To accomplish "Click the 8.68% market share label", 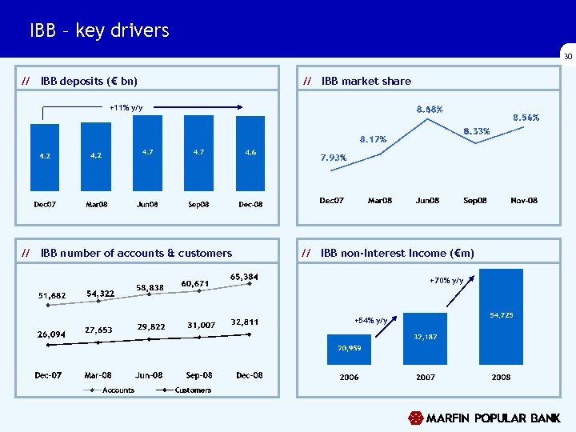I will click(429, 109).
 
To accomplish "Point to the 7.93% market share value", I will click(333, 158).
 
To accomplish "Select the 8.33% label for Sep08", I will click(477, 130).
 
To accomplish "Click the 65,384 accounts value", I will click(245, 277).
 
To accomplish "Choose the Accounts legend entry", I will click(118, 390).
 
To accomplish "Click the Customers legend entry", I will click(193, 390).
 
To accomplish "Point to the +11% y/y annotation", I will click(126, 107).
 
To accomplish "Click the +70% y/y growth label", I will click(446, 280).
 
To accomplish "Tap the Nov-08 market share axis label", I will click(524, 200).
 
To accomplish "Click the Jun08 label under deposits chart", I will click(148, 205).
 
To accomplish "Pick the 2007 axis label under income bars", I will click(426, 377).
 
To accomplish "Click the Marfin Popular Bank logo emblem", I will click(415, 418).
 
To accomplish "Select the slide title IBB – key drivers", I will click(99, 30).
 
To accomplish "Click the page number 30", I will click(567, 57).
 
